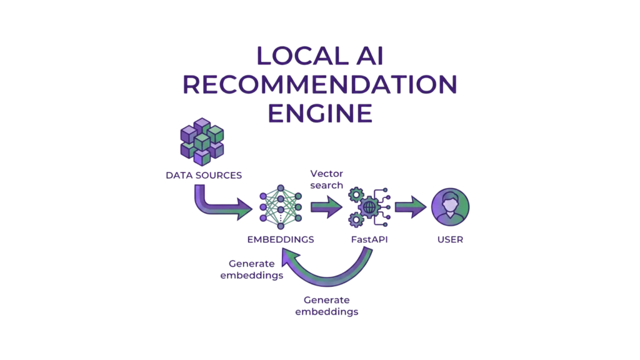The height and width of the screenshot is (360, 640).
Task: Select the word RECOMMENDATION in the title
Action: click(320, 84)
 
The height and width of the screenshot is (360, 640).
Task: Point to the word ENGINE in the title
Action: click(320, 113)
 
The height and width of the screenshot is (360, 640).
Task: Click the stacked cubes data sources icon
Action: click(201, 144)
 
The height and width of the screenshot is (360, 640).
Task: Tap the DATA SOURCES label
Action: click(203, 176)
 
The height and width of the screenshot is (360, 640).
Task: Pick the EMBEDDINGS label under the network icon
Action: click(281, 239)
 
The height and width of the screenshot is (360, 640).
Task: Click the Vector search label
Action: click(327, 180)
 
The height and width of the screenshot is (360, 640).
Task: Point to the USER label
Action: click(450, 239)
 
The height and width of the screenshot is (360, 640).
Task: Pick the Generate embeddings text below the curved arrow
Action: click(327, 306)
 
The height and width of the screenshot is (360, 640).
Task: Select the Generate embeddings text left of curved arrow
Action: click(252, 269)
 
